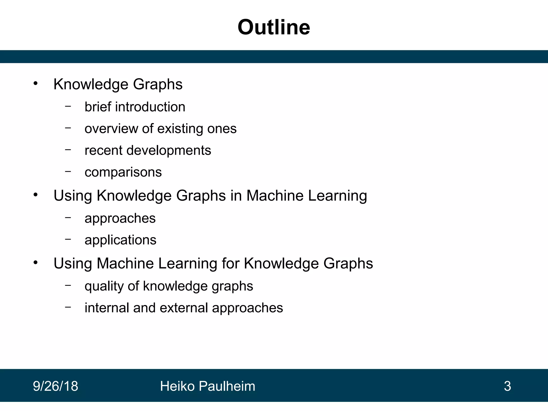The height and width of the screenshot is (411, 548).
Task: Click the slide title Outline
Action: pyautogui.click(x=274, y=27)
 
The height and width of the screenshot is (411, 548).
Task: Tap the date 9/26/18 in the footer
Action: pyautogui.click(x=55, y=386)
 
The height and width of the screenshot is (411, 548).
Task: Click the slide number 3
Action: pyautogui.click(x=507, y=386)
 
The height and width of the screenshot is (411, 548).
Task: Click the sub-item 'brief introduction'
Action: pyautogui.click(x=135, y=107)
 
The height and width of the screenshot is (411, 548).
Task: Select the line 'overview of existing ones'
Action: pyautogui.click(x=161, y=129)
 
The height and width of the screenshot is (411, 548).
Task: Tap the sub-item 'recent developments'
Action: pyautogui.click(x=148, y=150)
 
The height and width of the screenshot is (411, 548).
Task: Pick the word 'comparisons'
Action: pyautogui.click(x=123, y=172)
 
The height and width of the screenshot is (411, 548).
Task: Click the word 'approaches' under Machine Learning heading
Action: pyautogui.click(x=120, y=219)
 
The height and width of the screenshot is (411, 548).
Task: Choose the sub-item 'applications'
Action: pyautogui.click(x=120, y=240)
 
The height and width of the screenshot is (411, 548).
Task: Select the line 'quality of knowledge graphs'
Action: pyautogui.click(x=169, y=286)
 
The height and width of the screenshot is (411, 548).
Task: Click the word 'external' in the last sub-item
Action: pyautogui.click(x=184, y=308)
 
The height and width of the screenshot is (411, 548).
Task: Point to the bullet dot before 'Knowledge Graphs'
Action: pyautogui.click(x=36, y=84)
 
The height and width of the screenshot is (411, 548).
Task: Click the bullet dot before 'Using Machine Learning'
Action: pyautogui.click(x=36, y=263)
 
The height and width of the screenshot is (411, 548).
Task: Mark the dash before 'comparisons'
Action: pyautogui.click(x=68, y=171)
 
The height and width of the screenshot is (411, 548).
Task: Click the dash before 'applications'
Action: pyautogui.click(x=68, y=239)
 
